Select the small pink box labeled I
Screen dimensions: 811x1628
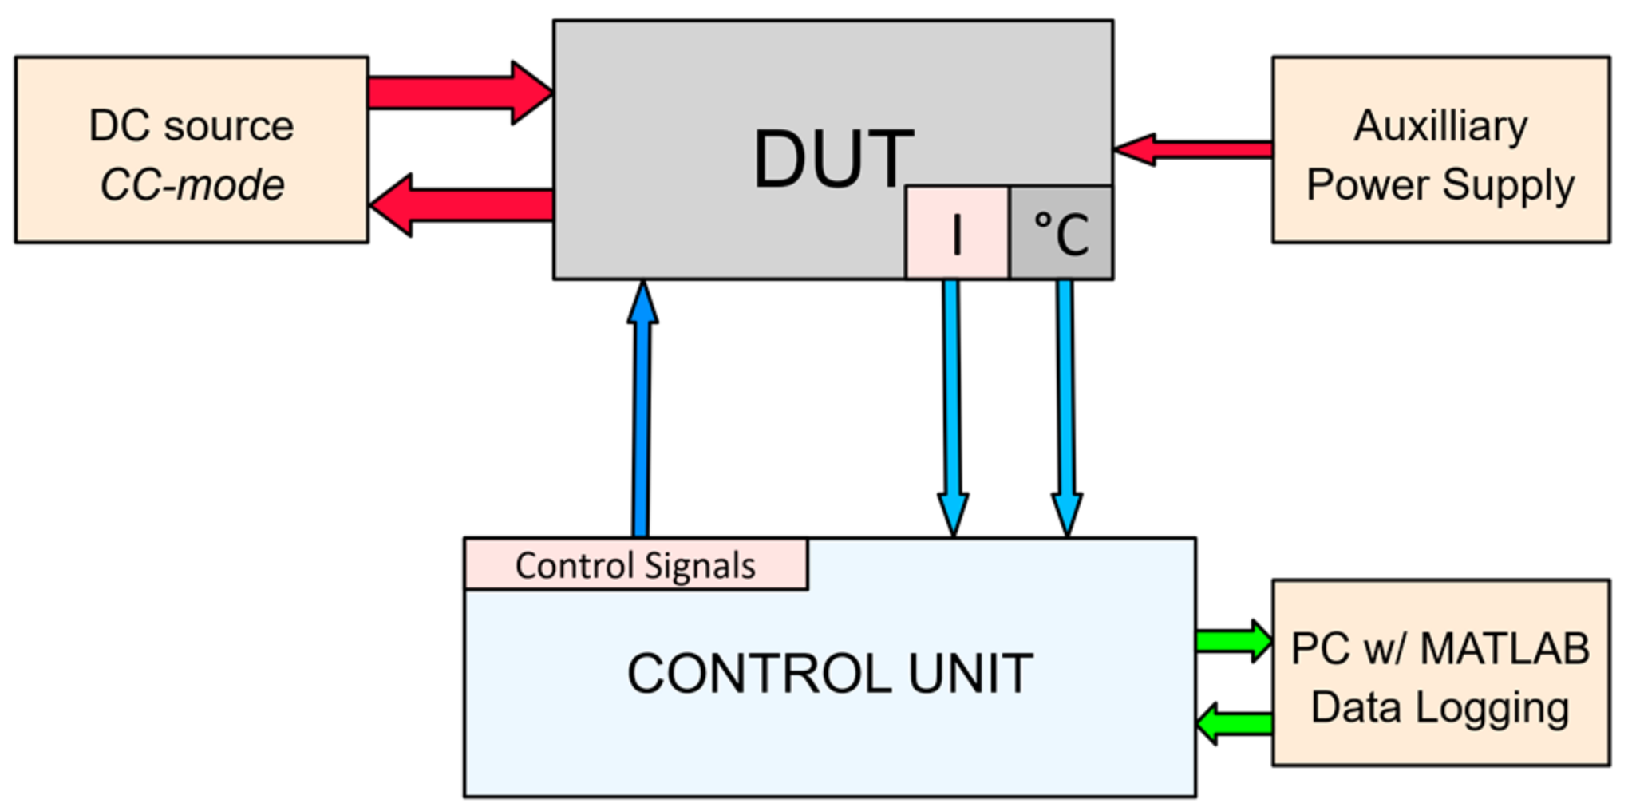[956, 232]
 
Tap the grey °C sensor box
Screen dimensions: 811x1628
[1061, 232]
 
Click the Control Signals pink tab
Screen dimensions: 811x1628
[635, 565]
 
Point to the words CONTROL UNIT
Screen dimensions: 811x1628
[830, 673]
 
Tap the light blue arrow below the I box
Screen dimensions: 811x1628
[952, 407]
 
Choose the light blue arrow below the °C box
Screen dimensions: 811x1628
[1065, 407]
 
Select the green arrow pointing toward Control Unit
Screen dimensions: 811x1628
[1235, 724]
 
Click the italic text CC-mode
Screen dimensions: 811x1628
[192, 185]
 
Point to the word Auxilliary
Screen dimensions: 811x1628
[1440, 126]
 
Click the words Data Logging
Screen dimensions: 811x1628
[1440, 707]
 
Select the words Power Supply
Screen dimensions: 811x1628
[1440, 185]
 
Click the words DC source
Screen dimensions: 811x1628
[192, 126]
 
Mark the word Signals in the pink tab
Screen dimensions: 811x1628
[699, 566]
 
